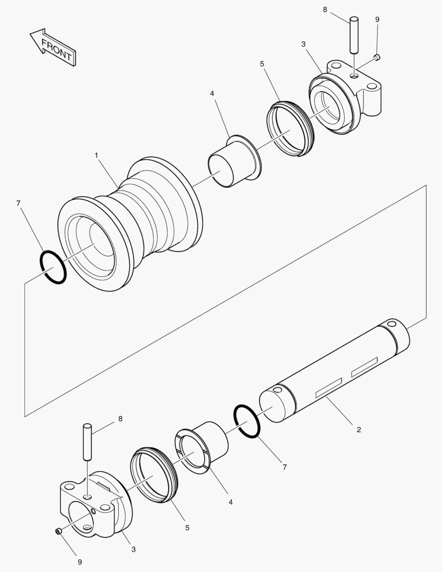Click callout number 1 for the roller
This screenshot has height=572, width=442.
pos(96,155)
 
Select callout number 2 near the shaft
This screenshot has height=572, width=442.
pos(358,430)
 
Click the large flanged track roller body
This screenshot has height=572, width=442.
pos(132,222)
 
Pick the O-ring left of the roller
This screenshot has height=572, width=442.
pos(53,267)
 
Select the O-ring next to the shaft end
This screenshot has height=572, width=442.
pos(247,421)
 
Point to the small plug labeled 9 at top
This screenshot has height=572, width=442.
pos(377,57)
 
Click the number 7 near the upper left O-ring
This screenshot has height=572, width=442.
pos(19,203)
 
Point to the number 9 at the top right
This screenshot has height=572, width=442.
pos(377,19)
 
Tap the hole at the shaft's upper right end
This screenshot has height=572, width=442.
pos(392,323)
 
